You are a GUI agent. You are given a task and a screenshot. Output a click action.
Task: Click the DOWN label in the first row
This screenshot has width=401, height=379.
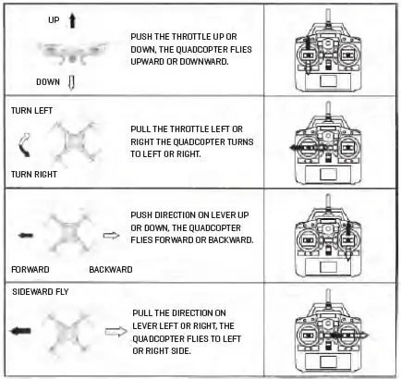point(47,81)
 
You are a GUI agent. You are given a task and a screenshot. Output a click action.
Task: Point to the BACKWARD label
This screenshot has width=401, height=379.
point(111,269)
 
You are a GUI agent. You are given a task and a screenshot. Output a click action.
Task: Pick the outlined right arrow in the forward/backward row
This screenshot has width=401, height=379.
point(110,237)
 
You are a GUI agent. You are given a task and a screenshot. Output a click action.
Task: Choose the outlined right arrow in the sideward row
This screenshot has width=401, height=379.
point(118,330)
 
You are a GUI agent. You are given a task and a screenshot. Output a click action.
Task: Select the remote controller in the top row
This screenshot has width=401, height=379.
point(331,55)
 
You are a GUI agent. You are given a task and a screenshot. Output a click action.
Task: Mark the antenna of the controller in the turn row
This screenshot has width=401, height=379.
point(331,110)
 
